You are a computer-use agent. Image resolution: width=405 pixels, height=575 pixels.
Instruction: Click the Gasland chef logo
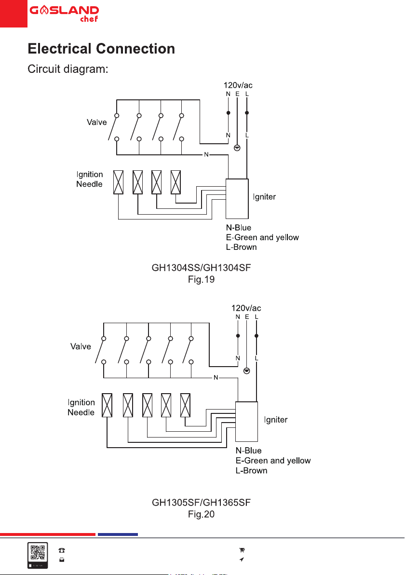(x=64, y=14)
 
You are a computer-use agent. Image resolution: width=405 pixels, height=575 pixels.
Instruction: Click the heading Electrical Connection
(x=101, y=49)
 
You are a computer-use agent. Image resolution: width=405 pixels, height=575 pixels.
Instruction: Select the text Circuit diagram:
(x=68, y=69)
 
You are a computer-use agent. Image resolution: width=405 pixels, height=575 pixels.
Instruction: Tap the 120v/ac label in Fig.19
(x=238, y=85)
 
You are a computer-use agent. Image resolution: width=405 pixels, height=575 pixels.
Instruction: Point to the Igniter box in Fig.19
(x=237, y=199)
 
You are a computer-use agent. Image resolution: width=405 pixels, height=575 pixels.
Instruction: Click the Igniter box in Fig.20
(x=246, y=422)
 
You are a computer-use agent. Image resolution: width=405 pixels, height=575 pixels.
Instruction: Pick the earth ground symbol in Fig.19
(x=237, y=148)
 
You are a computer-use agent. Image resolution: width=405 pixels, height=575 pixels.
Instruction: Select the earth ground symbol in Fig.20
(x=247, y=371)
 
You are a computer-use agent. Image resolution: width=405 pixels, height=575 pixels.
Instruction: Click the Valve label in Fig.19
(x=97, y=122)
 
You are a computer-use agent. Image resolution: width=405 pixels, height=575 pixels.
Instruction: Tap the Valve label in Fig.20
(x=81, y=346)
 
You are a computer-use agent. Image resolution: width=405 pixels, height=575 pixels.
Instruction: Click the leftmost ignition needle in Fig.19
(x=119, y=182)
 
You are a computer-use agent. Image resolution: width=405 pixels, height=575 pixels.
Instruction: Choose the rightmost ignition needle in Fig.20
(x=186, y=405)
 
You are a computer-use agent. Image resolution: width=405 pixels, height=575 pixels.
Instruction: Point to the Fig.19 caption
(x=201, y=279)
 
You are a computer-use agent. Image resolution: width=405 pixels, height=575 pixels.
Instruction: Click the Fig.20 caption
(x=201, y=514)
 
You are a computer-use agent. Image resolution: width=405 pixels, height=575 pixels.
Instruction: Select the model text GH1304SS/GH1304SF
(x=201, y=268)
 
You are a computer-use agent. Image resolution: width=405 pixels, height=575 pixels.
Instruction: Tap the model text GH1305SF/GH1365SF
(x=201, y=502)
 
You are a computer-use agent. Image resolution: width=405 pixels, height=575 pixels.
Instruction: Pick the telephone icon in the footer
(x=62, y=550)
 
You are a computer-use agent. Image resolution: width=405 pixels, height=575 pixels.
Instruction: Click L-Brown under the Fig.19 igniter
(x=241, y=247)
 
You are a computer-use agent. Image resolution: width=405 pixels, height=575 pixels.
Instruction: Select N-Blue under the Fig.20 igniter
(x=248, y=451)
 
